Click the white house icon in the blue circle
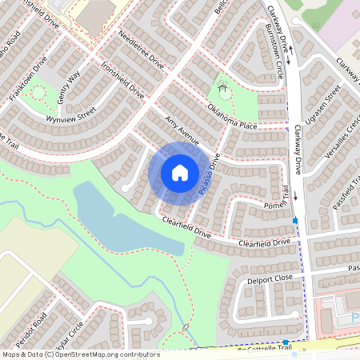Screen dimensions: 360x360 tap(180, 171)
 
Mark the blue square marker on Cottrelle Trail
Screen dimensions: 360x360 tap(286, 342)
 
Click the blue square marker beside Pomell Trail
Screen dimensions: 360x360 tap(295, 220)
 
